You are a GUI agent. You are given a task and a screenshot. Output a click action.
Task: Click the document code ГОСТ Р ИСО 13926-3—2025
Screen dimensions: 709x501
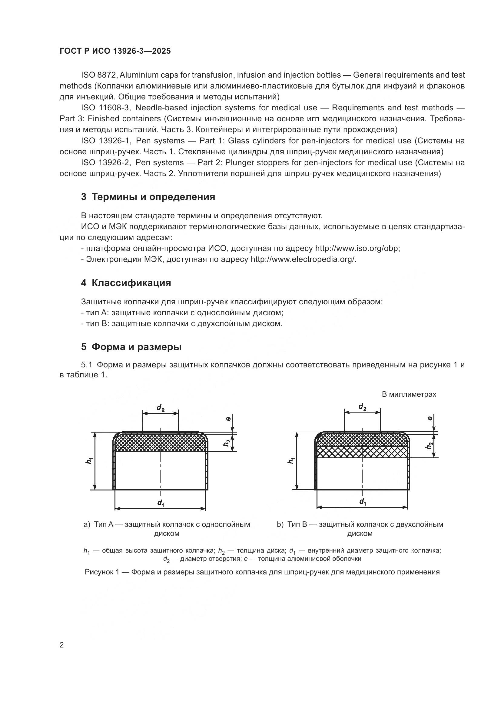pyautogui.click(x=115, y=51)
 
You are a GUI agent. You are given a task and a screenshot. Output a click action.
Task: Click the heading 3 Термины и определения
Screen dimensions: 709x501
pyautogui.click(x=148, y=197)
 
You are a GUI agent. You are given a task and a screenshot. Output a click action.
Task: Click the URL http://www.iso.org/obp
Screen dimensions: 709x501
pyautogui.click(x=357, y=248)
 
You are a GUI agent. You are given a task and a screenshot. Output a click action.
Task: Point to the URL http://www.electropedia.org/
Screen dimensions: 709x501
pyautogui.click(x=303, y=259)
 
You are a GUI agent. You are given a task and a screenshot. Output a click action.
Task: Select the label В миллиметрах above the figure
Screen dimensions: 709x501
pyautogui.click(x=409, y=394)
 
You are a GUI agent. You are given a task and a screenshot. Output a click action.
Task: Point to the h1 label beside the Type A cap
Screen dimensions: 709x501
pyautogui.click(x=89, y=461)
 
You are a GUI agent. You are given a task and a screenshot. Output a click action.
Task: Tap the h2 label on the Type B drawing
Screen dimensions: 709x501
pyautogui.click(x=429, y=446)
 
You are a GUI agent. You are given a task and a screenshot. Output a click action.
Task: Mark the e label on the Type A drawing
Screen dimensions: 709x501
pyautogui.click(x=228, y=419)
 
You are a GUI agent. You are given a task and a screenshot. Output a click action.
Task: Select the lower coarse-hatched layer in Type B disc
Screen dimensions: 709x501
pyautogui.click(x=363, y=452)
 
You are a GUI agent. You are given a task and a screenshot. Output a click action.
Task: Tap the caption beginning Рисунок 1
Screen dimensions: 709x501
pyautogui.click(x=262, y=572)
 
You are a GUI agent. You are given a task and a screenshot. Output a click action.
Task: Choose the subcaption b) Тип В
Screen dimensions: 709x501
pyautogui.click(x=360, y=524)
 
